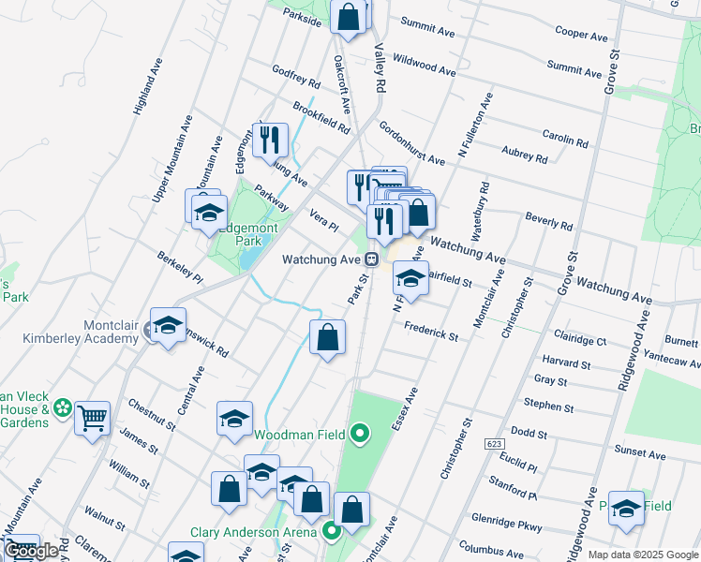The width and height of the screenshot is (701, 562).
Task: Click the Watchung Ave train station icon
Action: pos(372,259)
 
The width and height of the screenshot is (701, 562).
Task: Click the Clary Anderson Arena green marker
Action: pos(331,532)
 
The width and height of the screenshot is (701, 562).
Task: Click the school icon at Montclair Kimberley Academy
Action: pos(168,326)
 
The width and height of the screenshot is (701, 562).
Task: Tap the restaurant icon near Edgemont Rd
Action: pos(270,140)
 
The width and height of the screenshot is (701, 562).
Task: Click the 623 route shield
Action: pos(494,442)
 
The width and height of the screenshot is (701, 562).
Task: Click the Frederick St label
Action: pos(431,331)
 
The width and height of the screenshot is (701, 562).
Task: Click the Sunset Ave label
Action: pos(639,453)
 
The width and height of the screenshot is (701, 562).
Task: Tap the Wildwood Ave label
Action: pos(424,65)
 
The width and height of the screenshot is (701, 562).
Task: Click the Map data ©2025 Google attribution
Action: pos(643,555)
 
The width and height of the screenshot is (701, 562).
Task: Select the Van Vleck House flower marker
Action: pos(63,407)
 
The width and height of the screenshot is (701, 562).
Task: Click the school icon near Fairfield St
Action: pos(410,278)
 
